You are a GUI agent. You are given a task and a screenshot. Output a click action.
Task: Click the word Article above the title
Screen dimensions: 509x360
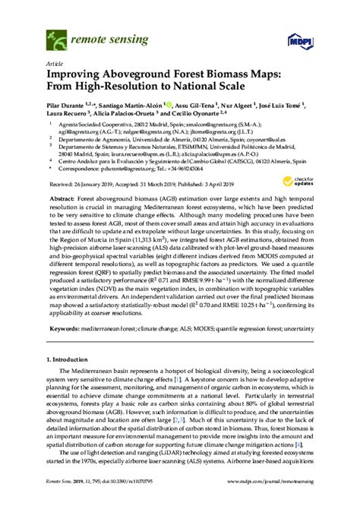55,65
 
